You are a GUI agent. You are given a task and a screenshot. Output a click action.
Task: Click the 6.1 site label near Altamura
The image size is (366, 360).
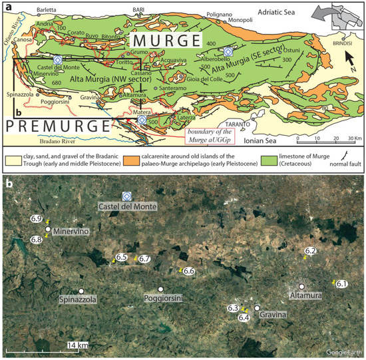343,284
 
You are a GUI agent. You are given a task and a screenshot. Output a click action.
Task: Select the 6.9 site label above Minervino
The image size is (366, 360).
37,219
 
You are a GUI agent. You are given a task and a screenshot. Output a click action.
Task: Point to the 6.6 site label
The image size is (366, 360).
188,271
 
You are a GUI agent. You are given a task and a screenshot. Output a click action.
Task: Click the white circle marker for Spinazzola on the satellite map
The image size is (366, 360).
81,291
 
